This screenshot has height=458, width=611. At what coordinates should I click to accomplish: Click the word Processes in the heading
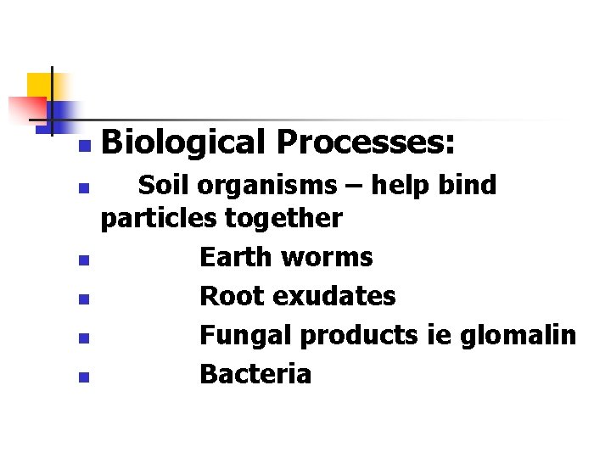pos(365,142)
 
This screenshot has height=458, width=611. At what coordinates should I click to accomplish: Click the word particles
pos(159,219)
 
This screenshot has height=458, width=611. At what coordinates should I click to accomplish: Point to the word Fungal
pos(245,335)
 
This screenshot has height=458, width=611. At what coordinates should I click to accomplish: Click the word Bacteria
pos(255,374)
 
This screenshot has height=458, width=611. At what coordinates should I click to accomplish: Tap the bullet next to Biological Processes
pos(82,148)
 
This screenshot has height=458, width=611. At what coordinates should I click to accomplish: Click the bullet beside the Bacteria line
pos(82,378)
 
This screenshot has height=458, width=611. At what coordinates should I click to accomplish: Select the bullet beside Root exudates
pos(82,300)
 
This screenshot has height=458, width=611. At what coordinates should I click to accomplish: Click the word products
pos(357,336)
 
